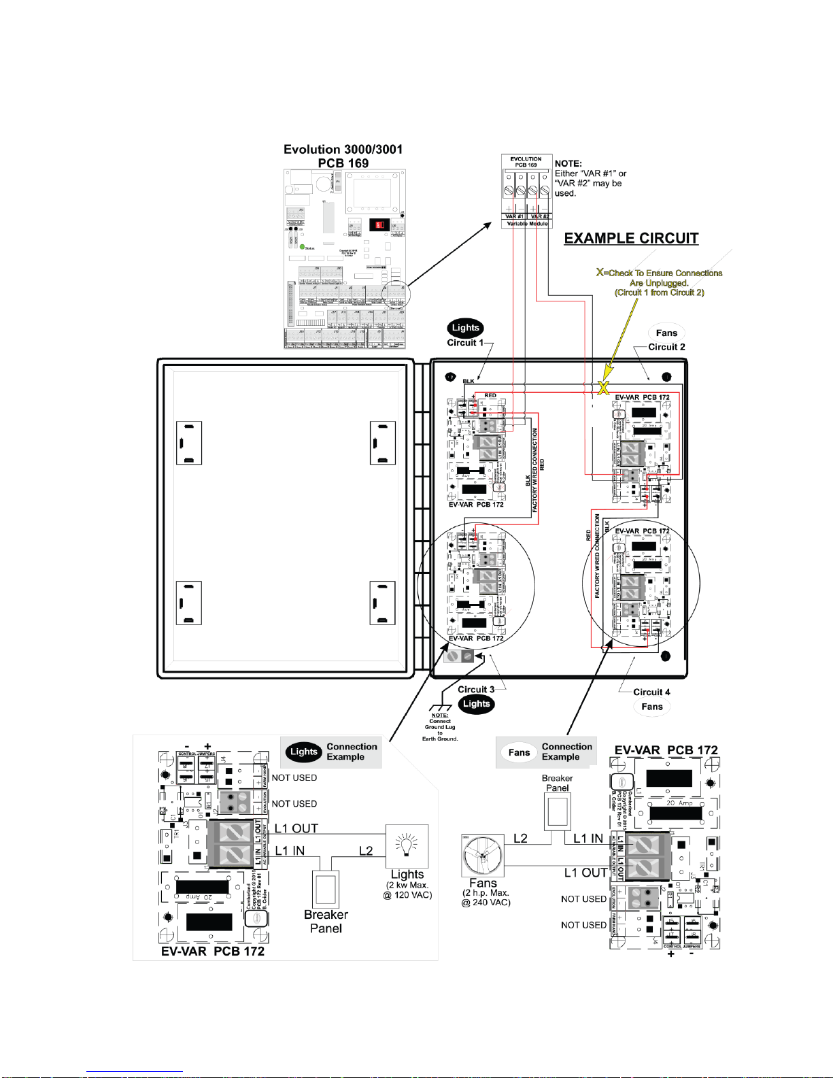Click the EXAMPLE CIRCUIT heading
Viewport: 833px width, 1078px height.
631,239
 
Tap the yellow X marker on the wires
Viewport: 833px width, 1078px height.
603,388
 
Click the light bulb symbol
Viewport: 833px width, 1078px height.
407,845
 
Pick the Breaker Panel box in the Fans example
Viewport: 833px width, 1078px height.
557,812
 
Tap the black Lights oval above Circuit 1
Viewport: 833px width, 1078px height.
465,328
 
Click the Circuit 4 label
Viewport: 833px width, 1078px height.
651,692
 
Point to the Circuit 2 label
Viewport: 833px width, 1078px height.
666,347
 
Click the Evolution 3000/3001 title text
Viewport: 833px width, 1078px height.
343,150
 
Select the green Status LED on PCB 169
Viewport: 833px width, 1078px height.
302,247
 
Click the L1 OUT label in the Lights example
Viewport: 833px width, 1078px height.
296,828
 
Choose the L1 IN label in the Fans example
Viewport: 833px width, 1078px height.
588,839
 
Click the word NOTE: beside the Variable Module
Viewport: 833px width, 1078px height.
568,164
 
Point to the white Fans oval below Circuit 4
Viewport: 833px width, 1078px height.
651,707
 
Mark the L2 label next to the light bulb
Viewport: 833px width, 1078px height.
366,851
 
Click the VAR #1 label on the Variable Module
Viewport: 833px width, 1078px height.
514,216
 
